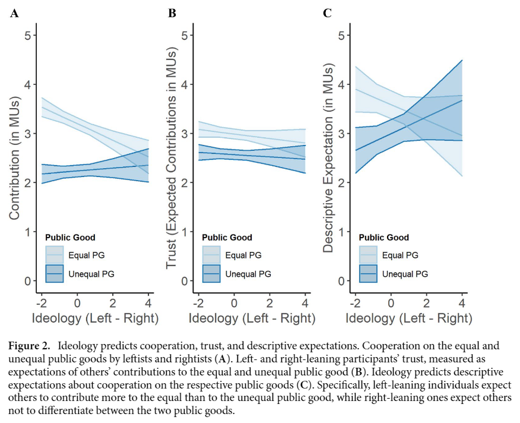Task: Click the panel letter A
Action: click(x=14, y=12)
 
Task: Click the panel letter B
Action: click(x=172, y=12)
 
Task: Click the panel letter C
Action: click(x=327, y=12)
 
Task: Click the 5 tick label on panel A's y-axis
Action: click(x=27, y=35)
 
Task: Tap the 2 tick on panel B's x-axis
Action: click(x=269, y=298)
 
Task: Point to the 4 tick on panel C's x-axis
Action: click(x=462, y=298)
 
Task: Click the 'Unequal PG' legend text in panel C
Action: click(x=405, y=274)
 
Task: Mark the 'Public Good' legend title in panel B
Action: click(x=227, y=237)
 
